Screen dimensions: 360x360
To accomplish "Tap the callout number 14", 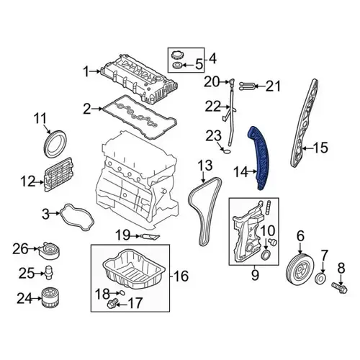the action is [240, 172].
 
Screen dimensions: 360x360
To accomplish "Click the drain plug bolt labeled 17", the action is [112, 303].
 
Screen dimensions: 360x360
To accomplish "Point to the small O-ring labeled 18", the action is [122, 292].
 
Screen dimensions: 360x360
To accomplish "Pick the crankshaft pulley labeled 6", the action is [300, 269].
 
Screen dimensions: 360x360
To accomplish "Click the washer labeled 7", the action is [320, 279].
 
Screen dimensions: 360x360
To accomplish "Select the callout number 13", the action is [205, 165].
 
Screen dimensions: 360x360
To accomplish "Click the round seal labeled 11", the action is [55, 144].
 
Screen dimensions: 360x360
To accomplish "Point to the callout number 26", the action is [21, 248].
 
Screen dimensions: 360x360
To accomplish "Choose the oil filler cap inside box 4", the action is [178, 55].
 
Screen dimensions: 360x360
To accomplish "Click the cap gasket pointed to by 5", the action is [178, 65].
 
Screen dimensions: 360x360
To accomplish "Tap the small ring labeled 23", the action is [227, 151].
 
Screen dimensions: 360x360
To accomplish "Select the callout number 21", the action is [273, 86].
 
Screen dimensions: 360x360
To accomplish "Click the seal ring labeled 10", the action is [266, 255].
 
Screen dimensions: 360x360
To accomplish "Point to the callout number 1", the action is [86, 71].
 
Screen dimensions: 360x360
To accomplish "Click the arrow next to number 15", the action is [307, 148].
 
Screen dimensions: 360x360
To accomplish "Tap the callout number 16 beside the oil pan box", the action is [181, 276].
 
